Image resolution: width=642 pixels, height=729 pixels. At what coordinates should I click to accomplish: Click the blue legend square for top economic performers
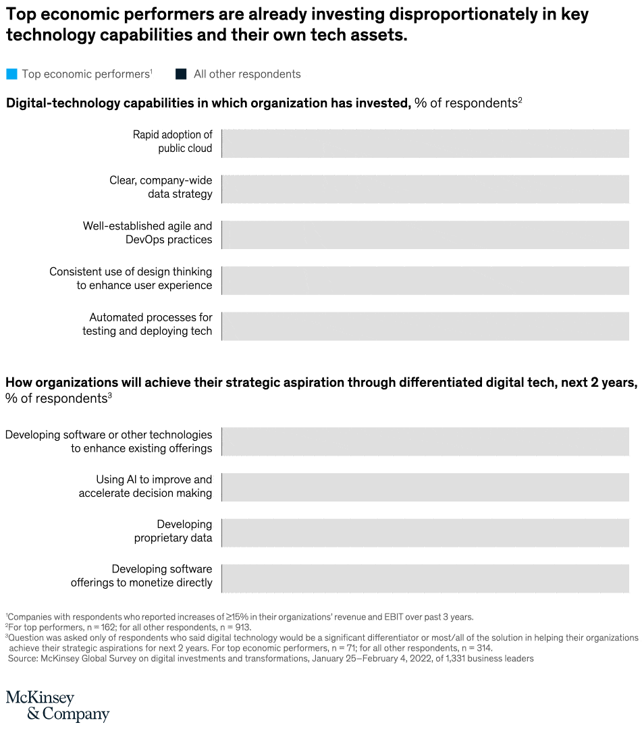11,74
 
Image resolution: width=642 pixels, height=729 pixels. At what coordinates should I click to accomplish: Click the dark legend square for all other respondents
181,74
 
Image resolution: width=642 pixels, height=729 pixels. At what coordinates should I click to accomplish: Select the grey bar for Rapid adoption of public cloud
425,143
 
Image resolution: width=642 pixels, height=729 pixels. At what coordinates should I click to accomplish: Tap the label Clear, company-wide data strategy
161,187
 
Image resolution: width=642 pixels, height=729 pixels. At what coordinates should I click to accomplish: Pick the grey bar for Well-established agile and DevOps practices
425,235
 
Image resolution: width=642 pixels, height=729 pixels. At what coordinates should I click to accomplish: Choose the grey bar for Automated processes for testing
425,326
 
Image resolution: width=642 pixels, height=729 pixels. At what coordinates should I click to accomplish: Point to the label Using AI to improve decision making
145,486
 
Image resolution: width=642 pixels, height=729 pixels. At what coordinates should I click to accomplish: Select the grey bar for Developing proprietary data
425,533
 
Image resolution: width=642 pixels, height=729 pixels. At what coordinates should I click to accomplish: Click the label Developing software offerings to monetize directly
141,576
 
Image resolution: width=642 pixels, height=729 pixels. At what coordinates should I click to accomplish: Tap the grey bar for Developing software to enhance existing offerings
425,441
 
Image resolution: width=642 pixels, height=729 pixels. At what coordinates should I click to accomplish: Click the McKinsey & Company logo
57,705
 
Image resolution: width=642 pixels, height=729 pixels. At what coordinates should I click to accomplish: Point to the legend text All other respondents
247,74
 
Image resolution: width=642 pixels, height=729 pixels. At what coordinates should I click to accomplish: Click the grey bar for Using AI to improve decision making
425,487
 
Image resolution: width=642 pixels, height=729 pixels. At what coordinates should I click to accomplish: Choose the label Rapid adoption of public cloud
172,142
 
